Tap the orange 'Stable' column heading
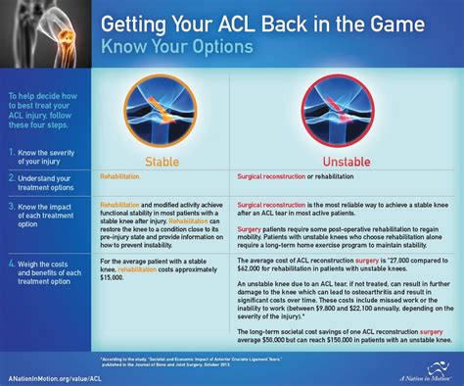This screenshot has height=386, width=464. pyautogui.click(x=162, y=161)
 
